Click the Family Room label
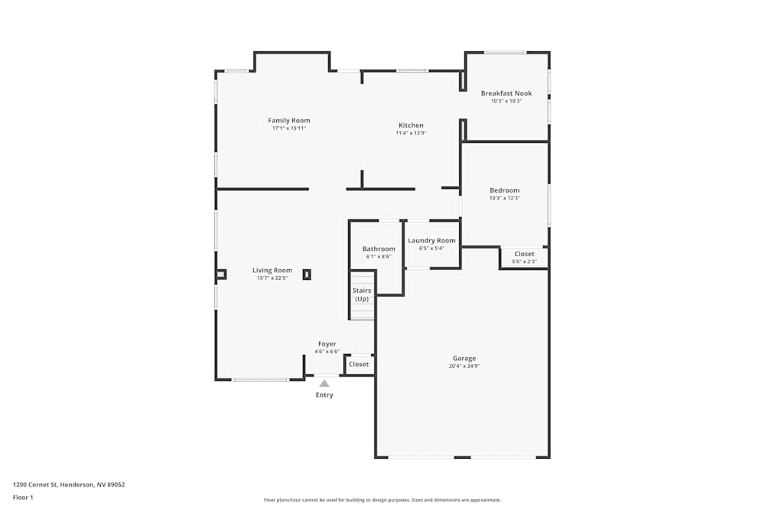click(289, 120)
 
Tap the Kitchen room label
click(411, 125)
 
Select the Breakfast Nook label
click(506, 93)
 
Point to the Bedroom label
click(504, 190)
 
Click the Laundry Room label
click(431, 241)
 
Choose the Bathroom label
click(379, 249)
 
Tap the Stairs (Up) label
click(362, 294)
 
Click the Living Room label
click(272, 270)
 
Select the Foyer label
click(327, 344)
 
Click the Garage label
click(464, 358)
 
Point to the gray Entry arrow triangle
click(324, 384)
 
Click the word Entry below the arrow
click(324, 395)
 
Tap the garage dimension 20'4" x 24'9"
click(464, 366)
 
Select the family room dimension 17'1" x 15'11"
click(289, 128)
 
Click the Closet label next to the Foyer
click(359, 364)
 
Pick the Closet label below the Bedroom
click(524, 254)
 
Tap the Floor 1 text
click(23, 497)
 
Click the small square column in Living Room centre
click(307, 274)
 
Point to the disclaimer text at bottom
click(382, 500)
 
